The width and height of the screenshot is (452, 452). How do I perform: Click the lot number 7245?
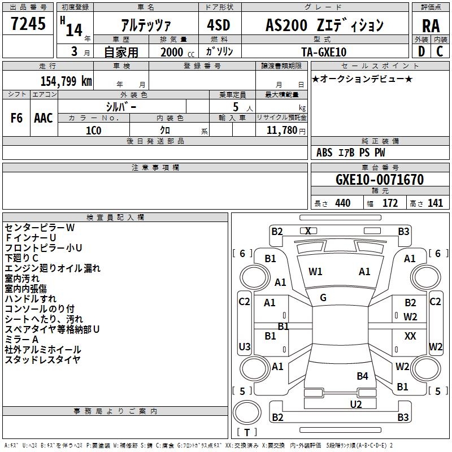tap(28, 24)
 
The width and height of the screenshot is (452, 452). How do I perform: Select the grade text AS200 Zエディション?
tap(324, 25)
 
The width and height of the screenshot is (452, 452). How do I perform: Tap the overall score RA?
tap(431, 26)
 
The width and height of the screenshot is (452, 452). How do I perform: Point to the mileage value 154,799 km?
tap(66, 81)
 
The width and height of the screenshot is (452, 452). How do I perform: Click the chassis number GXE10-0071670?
tap(380, 179)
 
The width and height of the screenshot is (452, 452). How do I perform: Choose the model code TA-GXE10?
tap(324, 52)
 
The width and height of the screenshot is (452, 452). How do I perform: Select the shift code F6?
tap(16, 118)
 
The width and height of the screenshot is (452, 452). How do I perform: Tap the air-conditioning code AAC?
tap(44, 118)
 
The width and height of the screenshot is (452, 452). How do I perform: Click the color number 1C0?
tap(94, 131)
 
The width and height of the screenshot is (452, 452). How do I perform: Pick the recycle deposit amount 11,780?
tap(282, 131)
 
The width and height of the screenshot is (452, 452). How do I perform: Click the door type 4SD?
tap(219, 25)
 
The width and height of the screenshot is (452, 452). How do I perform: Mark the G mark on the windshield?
tap(323, 298)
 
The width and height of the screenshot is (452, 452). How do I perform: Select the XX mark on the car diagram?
tap(410, 336)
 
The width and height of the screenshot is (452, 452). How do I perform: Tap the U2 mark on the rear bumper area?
tap(356, 405)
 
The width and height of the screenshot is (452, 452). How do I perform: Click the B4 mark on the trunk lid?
tap(362, 376)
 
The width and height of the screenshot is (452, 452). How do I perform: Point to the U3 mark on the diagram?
tap(245, 346)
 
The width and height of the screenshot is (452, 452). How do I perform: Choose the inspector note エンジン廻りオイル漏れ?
tap(53, 268)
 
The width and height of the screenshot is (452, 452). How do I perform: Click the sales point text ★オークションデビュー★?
tap(362, 79)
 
